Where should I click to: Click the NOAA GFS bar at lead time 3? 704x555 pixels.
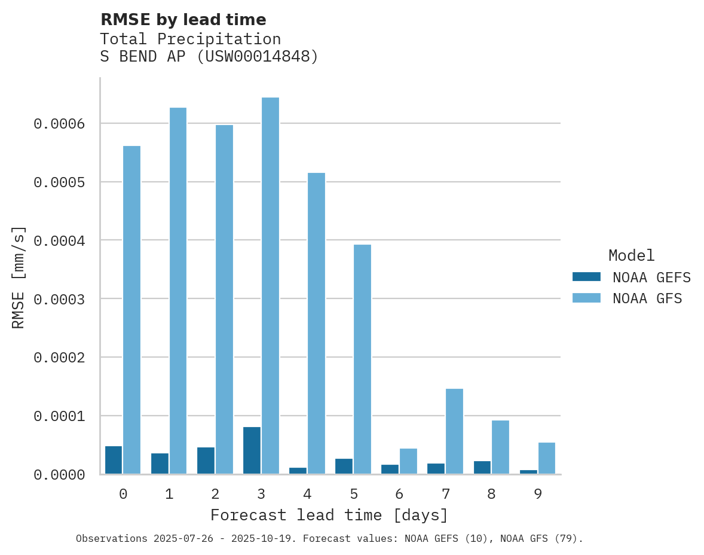270,286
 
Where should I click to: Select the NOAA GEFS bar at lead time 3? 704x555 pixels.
252,450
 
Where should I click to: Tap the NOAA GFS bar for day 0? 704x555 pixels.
131,310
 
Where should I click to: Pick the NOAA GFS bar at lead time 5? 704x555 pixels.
362,359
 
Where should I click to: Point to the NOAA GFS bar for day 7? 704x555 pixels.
454,431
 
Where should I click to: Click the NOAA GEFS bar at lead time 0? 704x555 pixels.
114,460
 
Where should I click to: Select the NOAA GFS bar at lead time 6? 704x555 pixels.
408,461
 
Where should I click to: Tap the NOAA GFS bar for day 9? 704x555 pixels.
546,458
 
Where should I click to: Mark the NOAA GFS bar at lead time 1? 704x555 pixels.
177,291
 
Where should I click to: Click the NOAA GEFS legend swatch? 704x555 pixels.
586,277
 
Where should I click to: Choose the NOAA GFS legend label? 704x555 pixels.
647,298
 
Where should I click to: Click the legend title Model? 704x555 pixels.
631,255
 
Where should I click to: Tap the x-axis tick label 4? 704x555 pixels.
307,495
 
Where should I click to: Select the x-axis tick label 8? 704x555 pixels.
491,495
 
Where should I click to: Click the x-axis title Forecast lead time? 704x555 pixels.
329,515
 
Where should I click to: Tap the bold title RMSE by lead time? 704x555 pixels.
183,20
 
